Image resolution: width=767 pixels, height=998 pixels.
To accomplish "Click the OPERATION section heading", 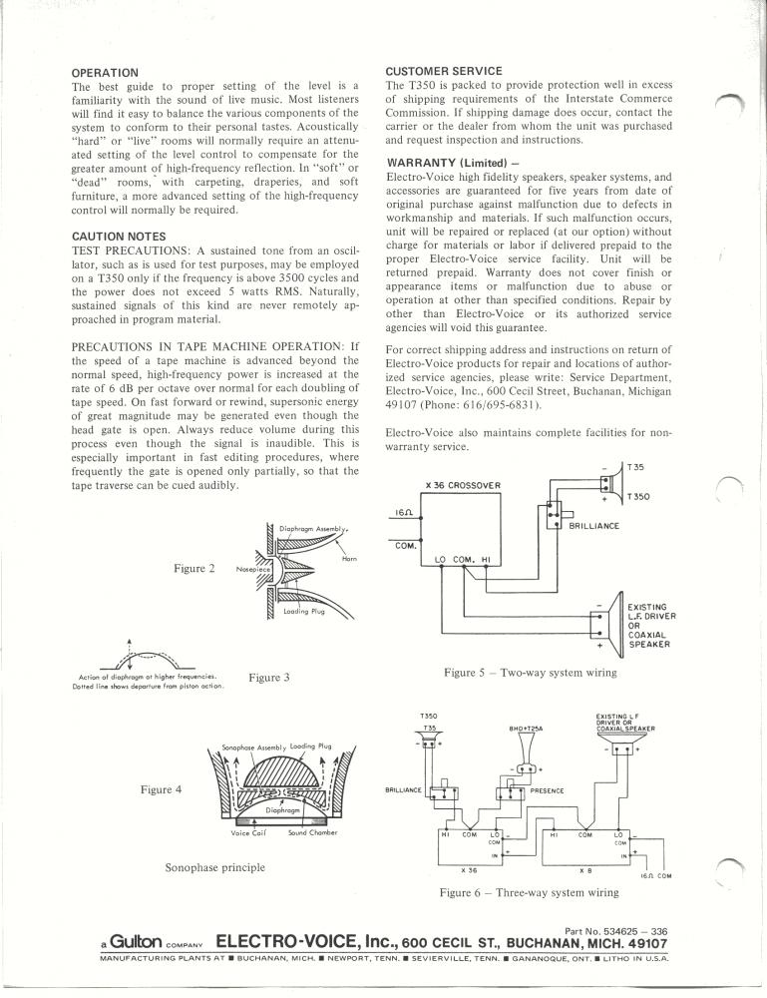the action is click(x=105, y=73).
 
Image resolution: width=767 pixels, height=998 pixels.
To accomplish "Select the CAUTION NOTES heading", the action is click(x=119, y=237).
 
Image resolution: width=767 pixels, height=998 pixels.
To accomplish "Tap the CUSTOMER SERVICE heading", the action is click(x=444, y=71).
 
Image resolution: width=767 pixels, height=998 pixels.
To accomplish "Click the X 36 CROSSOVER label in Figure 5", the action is click(x=463, y=485).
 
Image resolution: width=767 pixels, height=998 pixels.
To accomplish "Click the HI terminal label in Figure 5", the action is click(x=486, y=560).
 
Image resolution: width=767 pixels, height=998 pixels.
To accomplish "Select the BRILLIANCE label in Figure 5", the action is click(x=593, y=526).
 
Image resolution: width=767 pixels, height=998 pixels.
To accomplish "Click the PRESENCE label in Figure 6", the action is click(x=547, y=791).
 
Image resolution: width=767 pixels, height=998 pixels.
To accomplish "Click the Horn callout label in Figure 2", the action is click(x=349, y=559).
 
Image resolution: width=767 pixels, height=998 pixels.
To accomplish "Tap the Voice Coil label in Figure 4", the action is click(x=248, y=832).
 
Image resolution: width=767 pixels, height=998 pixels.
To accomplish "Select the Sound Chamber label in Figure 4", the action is click(x=313, y=832).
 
